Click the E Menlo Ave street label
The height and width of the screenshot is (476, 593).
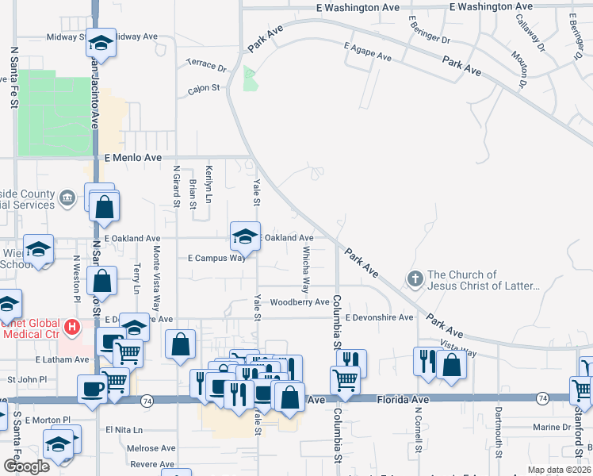[x=132, y=158]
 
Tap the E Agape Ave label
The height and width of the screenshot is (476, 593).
[x=369, y=56]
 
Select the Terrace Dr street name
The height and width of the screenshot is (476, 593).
[x=206, y=64]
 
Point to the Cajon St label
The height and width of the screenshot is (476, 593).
[x=204, y=89]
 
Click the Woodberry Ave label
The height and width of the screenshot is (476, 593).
[x=299, y=302]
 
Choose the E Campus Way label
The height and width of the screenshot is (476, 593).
[x=216, y=258]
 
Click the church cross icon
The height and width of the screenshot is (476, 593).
[x=415, y=278]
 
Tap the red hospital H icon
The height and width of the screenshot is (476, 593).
[x=72, y=327]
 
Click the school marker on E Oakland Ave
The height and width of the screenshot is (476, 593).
[x=245, y=236]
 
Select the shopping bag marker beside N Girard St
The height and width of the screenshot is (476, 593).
[x=181, y=345]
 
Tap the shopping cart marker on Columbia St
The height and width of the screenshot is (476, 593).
[x=345, y=380]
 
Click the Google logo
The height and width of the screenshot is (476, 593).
[x=26, y=466]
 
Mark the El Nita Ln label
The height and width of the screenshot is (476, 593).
[x=124, y=430]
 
